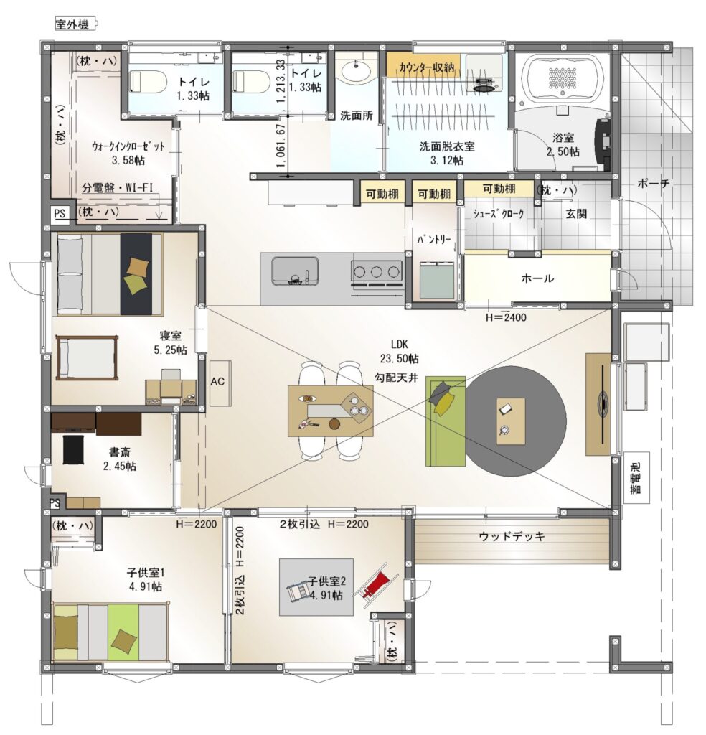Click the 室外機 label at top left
pos(72,24)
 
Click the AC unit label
pos(218,382)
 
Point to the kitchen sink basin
pos(295,271)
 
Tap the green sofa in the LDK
pos(444,421)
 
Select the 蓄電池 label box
pos(636,477)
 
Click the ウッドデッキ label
pos(512,536)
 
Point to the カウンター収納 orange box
pos(423,66)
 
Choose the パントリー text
pos(434,240)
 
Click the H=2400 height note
pos(506,317)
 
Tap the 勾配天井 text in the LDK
pos(396,377)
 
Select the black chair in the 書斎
pos(74,450)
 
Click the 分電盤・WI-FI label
pos(118,188)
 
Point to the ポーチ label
pos(654,184)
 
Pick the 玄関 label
pos(576,214)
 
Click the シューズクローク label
pos(498,214)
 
